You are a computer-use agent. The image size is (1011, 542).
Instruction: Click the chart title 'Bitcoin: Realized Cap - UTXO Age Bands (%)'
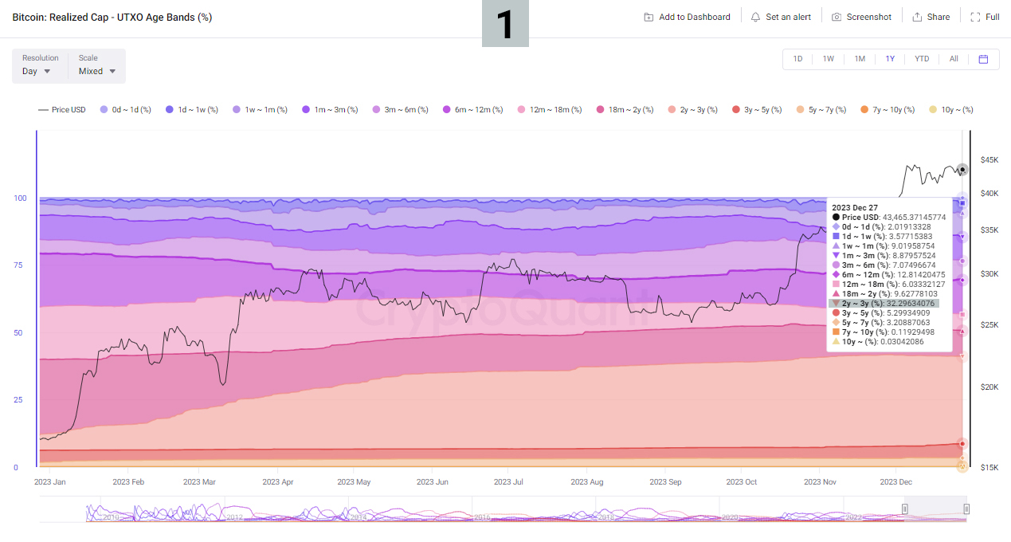click(x=112, y=17)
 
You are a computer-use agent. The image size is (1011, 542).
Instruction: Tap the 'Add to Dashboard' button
click(x=687, y=17)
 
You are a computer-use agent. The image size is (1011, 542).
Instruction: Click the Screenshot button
click(x=861, y=17)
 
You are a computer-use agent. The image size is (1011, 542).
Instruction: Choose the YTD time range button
click(x=921, y=59)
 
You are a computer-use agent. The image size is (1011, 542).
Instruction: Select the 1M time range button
click(x=860, y=59)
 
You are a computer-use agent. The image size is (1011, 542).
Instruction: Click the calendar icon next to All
click(x=983, y=59)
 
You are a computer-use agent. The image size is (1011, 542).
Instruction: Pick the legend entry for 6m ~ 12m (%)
click(x=472, y=110)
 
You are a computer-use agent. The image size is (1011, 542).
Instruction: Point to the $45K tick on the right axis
click(x=989, y=159)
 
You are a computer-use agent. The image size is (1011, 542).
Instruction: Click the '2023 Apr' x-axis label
click(x=277, y=482)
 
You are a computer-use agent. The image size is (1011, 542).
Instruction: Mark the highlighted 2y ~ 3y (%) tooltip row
click(x=884, y=303)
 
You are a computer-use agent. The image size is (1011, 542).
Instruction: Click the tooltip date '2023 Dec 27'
click(x=855, y=207)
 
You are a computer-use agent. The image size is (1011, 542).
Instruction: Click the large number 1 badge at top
click(x=505, y=24)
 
